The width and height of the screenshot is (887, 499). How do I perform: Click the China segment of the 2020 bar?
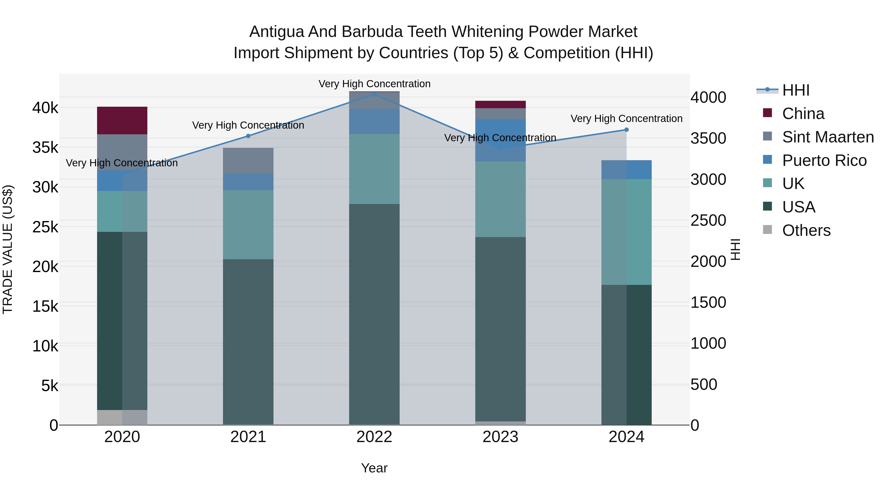pyautogui.click(x=122, y=120)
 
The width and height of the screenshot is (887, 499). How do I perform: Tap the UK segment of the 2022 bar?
pyautogui.click(x=374, y=169)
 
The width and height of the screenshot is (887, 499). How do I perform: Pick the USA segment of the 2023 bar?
pyautogui.click(x=500, y=329)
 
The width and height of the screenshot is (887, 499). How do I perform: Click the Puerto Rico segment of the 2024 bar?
pyautogui.click(x=626, y=170)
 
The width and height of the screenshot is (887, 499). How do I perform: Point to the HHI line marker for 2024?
pyautogui.click(x=626, y=130)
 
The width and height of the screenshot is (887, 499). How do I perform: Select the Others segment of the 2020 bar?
pyautogui.click(x=122, y=417)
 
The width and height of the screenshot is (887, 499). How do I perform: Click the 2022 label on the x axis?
pyautogui.click(x=374, y=437)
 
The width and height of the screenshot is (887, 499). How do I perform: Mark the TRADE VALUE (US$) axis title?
pyautogui.click(x=8, y=249)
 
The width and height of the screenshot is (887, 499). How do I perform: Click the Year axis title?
pyautogui.click(x=374, y=468)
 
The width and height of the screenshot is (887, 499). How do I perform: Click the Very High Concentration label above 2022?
pyautogui.click(x=374, y=84)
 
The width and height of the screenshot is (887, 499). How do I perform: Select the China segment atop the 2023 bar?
pyautogui.click(x=500, y=104)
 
